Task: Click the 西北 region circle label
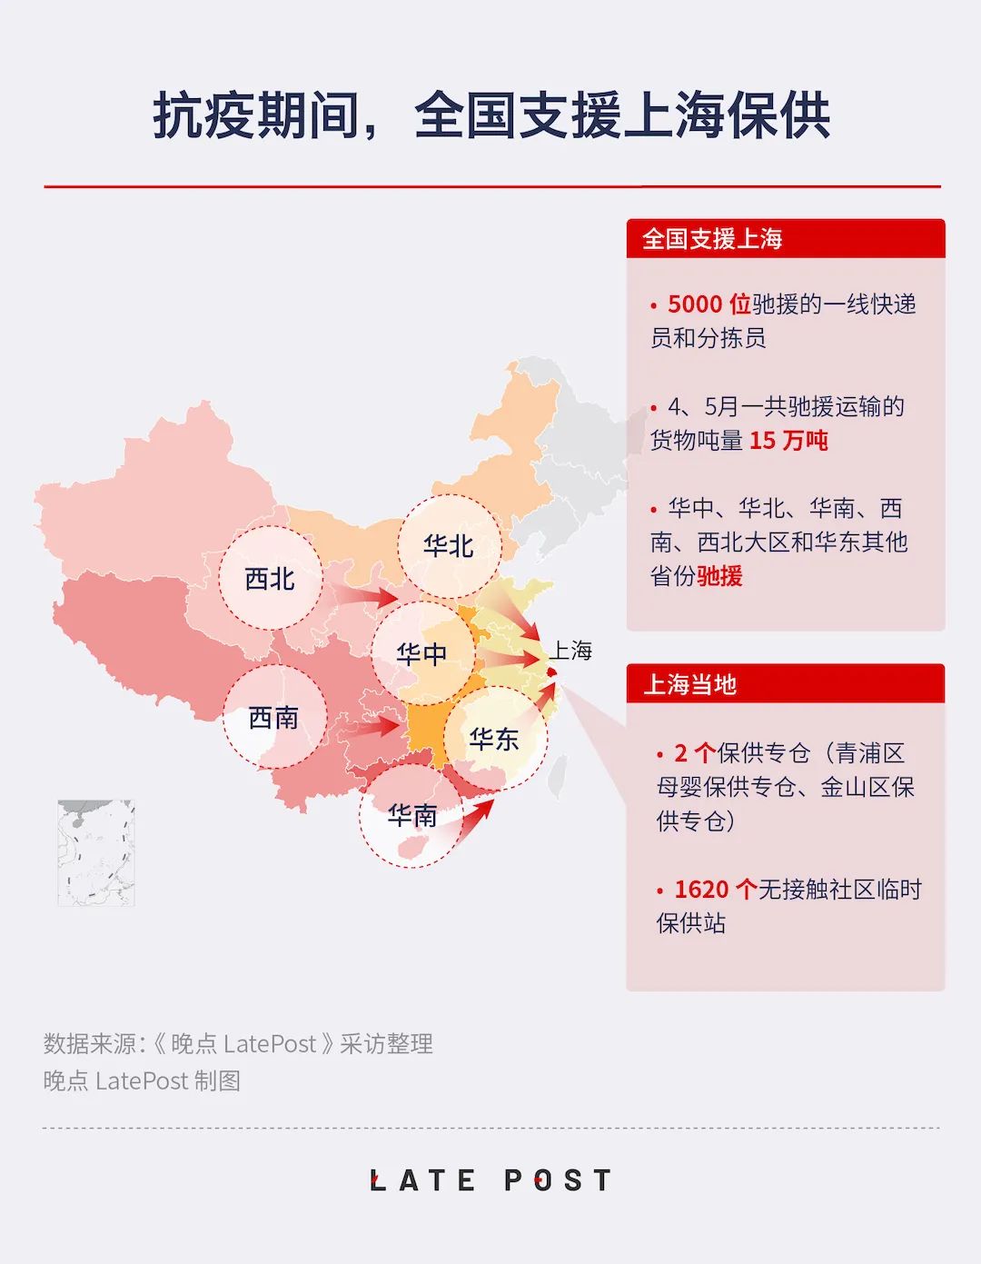[x=271, y=578]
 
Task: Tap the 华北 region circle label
[x=449, y=545]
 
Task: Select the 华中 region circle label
[x=421, y=653]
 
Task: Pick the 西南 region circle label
[x=273, y=718]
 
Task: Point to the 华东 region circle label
[x=494, y=739]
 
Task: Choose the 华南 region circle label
[x=411, y=815]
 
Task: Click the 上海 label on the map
[x=571, y=651]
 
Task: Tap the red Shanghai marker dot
[x=551, y=672]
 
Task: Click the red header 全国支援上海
[x=712, y=239]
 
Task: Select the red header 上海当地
[x=689, y=684]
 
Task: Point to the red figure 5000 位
[x=708, y=304]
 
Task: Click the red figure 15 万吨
[x=788, y=441]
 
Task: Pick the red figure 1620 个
[x=715, y=890]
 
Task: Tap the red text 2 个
[x=694, y=753]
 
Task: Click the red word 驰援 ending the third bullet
[x=719, y=576]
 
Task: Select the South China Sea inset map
[x=96, y=852]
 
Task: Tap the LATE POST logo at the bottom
[x=491, y=1180]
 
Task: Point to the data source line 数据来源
[x=238, y=1044]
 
